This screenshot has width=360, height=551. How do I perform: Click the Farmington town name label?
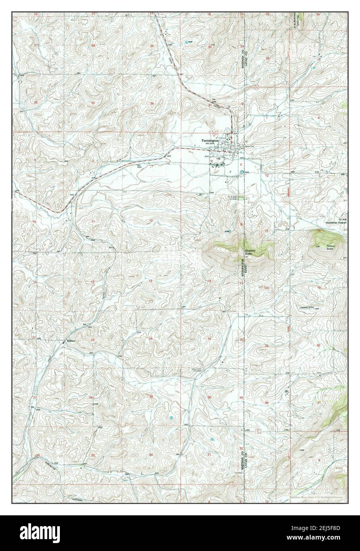coord(210,140)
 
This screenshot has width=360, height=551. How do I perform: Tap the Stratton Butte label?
coord(249,252)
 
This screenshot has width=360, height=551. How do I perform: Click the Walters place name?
coord(71,340)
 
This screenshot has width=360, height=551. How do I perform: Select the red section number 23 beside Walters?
coord(92,340)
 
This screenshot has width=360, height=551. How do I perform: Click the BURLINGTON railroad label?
coord(43,462)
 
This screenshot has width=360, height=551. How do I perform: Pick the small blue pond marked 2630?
coord(186,41)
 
